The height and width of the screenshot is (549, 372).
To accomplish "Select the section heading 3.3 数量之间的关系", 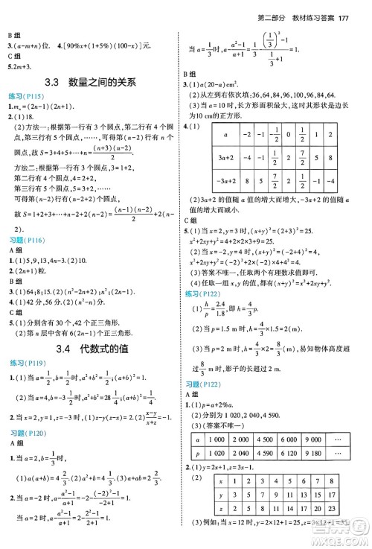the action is pyautogui.click(x=92, y=83).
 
